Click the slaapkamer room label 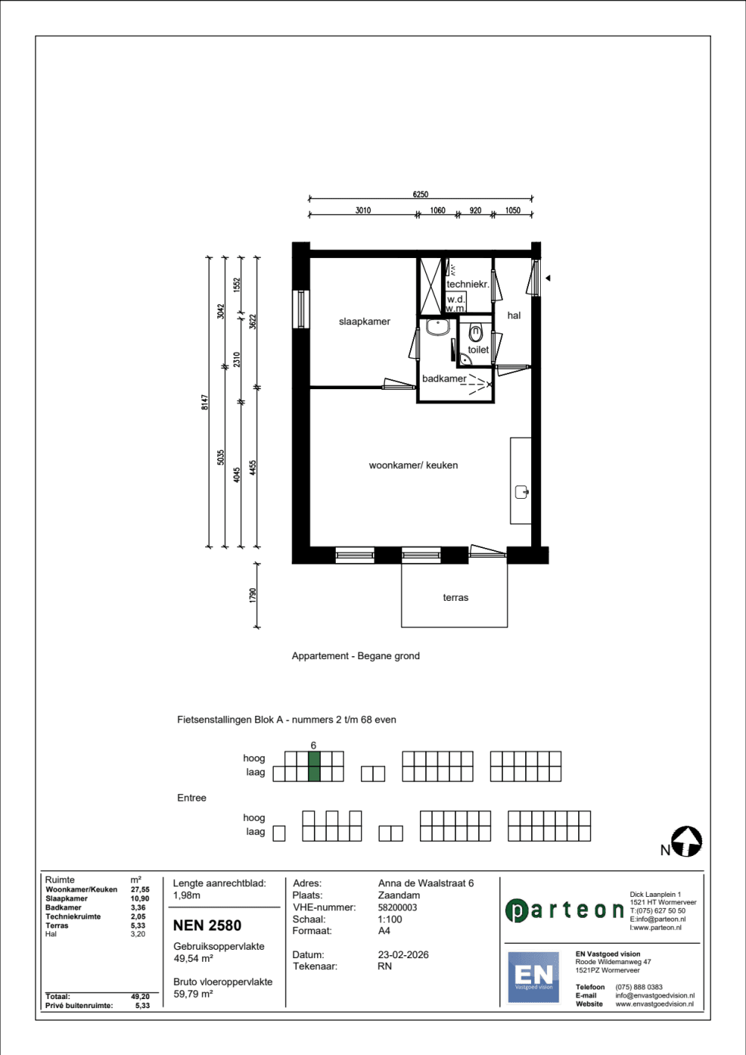(364, 321)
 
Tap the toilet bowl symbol (475, 333)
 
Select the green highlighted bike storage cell (314, 766)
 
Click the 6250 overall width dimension (420, 194)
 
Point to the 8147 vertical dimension (204, 402)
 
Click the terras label (455, 598)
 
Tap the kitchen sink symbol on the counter (521, 492)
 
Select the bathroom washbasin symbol (438, 327)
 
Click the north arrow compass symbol (687, 841)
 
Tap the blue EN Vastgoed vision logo (533, 977)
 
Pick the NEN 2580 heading (207, 925)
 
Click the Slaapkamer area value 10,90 (140, 898)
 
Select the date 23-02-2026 (403, 954)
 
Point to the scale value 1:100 (389, 919)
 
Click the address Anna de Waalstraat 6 (425, 883)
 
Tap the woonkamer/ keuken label (413, 465)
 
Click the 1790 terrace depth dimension (253, 595)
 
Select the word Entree (191, 798)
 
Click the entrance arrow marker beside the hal (548, 278)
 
